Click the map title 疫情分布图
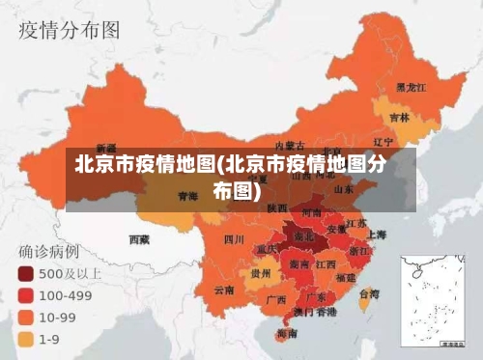[x=71, y=30]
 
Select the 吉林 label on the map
[x=399, y=118]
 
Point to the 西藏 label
[x=140, y=237]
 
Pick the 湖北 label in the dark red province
[x=303, y=235]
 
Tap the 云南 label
[x=224, y=290]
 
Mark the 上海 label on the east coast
[x=376, y=235]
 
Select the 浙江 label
[x=358, y=250]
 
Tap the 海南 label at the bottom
[x=286, y=333]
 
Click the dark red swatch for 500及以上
[x=24, y=274]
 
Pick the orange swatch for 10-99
[x=24, y=317]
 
